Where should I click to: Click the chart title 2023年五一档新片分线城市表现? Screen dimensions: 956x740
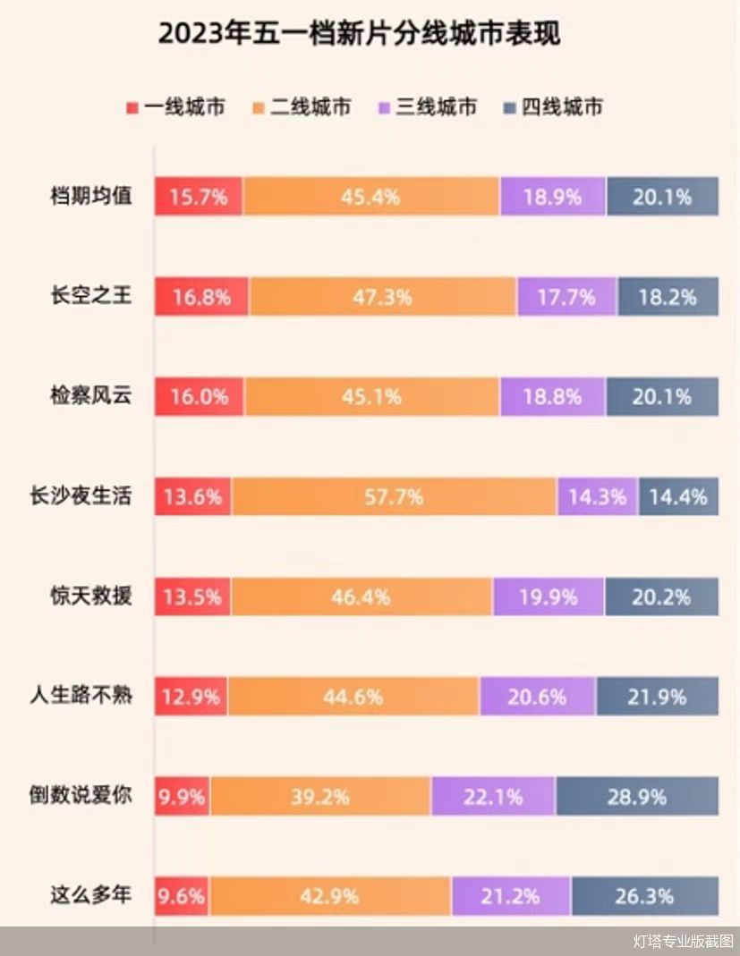pyautogui.click(x=359, y=33)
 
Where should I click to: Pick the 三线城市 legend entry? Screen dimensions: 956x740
pyautogui.click(x=427, y=107)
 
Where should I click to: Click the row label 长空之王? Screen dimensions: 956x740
pyautogui.click(x=91, y=296)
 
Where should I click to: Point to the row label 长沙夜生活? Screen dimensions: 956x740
pyautogui.click(x=81, y=495)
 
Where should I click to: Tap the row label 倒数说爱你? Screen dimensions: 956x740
pyautogui.click(x=81, y=794)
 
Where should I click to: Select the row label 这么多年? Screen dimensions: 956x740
pyautogui.click(x=91, y=894)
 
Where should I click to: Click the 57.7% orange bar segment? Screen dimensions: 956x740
pyautogui.click(x=394, y=496)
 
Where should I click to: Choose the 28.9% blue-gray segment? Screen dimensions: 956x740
pyautogui.click(x=637, y=796)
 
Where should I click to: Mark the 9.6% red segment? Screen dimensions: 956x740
pyautogui.click(x=182, y=895)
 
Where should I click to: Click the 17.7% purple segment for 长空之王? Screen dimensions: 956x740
pyautogui.click(x=566, y=297)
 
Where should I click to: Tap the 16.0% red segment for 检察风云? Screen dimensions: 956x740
pyautogui.click(x=200, y=396)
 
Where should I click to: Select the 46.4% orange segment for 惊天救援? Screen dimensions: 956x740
pyautogui.click(x=361, y=596)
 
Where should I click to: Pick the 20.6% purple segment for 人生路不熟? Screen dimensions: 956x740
pyautogui.click(x=537, y=696)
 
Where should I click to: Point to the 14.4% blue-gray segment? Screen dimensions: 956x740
pyautogui.click(x=678, y=496)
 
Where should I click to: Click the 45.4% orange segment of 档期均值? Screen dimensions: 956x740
pyautogui.click(x=370, y=197)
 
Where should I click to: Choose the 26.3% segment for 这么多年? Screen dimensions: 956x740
pyautogui.click(x=644, y=895)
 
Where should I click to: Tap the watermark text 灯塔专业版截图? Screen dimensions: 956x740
pyautogui.click(x=683, y=941)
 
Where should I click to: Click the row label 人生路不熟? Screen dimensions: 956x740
pyautogui.click(x=81, y=695)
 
